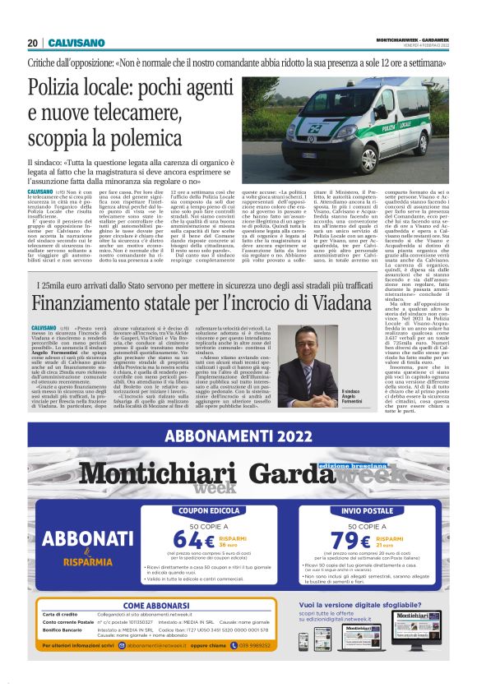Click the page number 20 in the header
[x=32, y=43]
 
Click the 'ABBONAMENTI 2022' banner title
[x=238, y=436]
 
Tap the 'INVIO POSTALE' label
[x=355, y=510]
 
